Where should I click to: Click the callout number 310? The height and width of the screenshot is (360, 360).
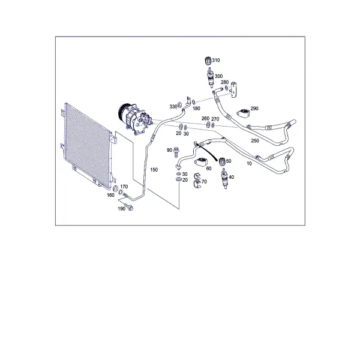pos(216,60)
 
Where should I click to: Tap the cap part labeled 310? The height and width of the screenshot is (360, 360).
pos(208,61)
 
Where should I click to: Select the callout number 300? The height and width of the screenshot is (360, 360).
pos(218,76)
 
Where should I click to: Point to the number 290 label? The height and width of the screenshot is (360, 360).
pos(254,109)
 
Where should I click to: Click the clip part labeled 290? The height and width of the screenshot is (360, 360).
pos(243,113)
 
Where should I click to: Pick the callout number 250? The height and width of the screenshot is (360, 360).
pos(255,140)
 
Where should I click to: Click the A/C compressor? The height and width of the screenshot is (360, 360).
pos(135,119)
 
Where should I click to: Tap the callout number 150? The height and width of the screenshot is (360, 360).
pos(154,170)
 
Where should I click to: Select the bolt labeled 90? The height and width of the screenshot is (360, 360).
pos(176,152)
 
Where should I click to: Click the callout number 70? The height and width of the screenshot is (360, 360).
pos(204,182)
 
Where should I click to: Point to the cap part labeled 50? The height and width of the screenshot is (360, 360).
pos(222,161)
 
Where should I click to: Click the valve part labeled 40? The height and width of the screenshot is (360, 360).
pos(225,178)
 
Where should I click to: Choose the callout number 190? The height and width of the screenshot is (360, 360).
pos(121,208)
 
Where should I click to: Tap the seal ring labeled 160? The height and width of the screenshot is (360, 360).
pos(116,188)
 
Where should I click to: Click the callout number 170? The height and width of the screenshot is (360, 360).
pos(124,187)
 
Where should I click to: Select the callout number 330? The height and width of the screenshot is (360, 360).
pos(173,107)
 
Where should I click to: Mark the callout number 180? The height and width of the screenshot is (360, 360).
pos(196,109)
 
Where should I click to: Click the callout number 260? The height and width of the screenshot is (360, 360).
pos(205,118)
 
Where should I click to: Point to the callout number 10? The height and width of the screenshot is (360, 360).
pos(249,163)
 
